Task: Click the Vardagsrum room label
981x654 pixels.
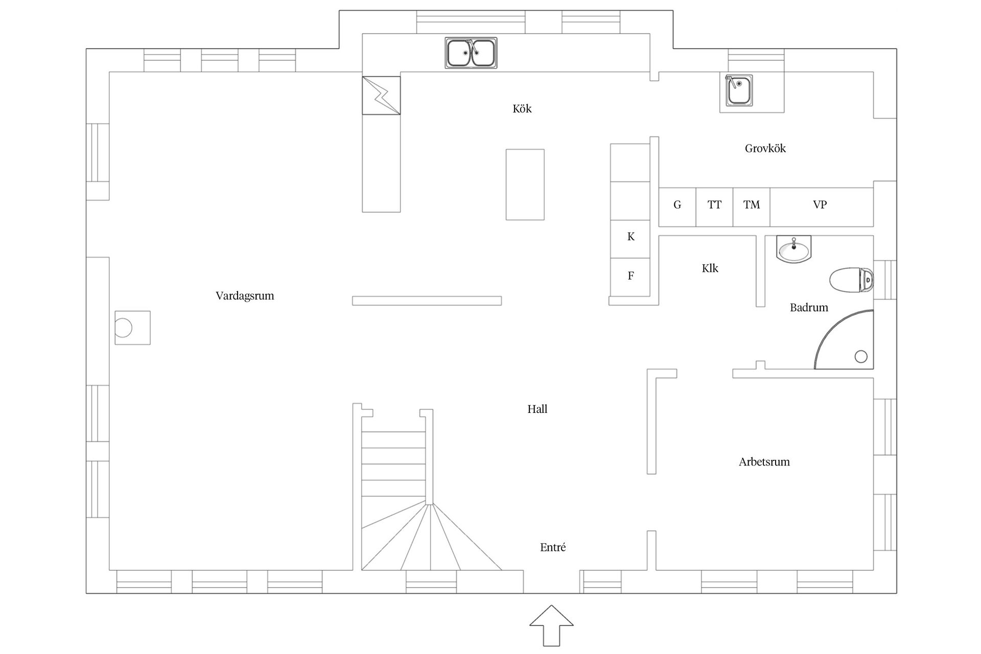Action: pos(245,296)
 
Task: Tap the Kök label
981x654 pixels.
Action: pos(522,108)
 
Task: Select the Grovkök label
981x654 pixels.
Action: pos(765,149)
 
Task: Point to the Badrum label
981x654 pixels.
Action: pos(809,308)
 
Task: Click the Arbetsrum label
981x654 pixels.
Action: pos(764,462)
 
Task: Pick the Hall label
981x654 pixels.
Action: pos(538,409)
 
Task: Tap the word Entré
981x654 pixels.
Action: pos(553,547)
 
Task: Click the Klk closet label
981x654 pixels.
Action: pos(710,268)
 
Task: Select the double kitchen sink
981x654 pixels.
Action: pos(471,53)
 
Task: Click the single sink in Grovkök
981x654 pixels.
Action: pos(738,90)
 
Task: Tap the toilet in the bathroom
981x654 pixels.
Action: pos(851,281)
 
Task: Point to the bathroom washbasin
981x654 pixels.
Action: pos(793,249)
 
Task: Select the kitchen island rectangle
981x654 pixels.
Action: pos(525,184)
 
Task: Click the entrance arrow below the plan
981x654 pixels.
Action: pos(551,625)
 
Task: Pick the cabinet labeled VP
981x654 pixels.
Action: pos(822,207)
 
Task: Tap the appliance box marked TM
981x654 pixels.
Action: pos(752,207)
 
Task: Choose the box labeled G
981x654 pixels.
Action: pos(677,207)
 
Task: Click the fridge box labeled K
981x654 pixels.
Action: pos(630,239)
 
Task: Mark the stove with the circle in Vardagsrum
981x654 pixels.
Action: pos(132,328)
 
